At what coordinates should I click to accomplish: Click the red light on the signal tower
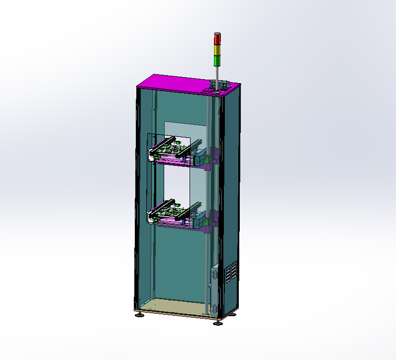tap(217, 39)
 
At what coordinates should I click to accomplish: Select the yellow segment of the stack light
tap(217, 50)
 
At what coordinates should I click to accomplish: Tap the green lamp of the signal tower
tap(217, 61)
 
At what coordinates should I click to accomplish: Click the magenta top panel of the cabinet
tap(179, 83)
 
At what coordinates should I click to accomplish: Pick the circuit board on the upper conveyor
tap(172, 149)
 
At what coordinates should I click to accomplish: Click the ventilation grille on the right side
tap(231, 274)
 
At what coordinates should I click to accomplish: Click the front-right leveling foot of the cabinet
tap(217, 323)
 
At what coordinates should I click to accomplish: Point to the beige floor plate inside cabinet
tap(174, 307)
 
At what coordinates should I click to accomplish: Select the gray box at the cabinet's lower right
tap(214, 272)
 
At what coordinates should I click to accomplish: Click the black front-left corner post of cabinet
tap(137, 199)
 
